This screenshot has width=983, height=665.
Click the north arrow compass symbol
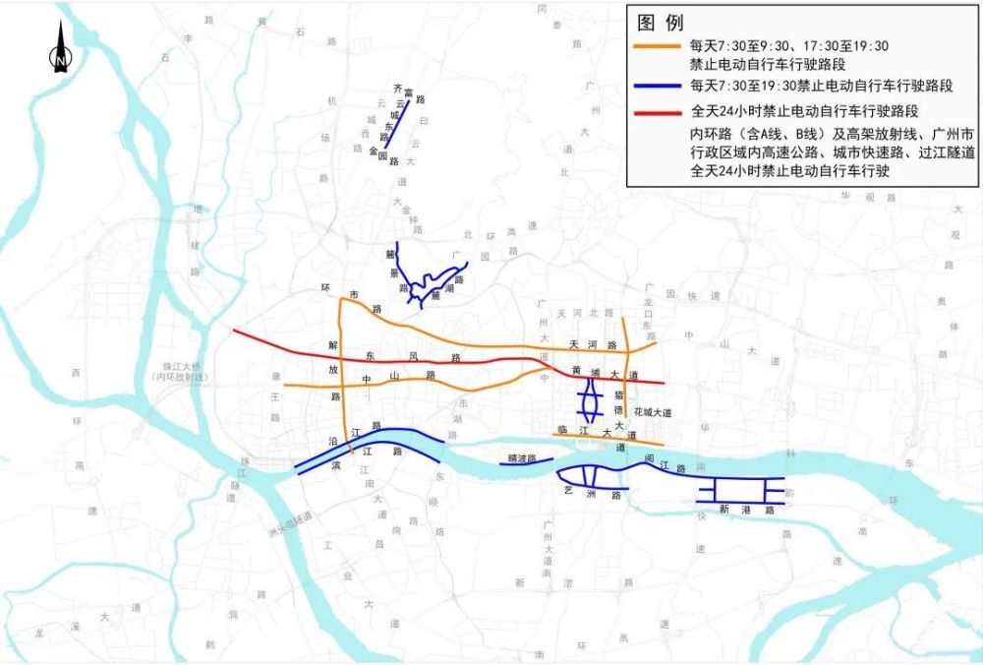tap(60, 49)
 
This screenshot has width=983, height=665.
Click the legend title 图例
tap(661, 23)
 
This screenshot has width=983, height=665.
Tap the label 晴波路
tap(518, 457)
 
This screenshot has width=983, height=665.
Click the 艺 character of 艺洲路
tap(568, 488)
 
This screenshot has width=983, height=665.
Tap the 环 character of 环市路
tap(323, 288)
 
